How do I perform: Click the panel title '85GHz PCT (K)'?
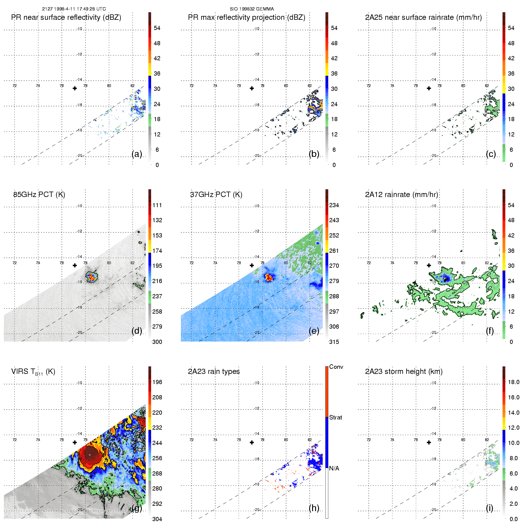(x=39, y=195)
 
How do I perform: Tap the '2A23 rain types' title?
(x=214, y=371)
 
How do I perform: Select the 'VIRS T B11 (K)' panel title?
(x=33, y=372)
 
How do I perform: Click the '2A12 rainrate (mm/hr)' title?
(x=401, y=195)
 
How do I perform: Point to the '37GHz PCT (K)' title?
(x=216, y=195)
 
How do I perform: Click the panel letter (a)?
(x=137, y=154)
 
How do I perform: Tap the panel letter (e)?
(x=314, y=331)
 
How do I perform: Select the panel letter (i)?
(x=489, y=508)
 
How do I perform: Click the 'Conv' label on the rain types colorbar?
(x=336, y=367)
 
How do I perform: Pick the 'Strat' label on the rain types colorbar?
(x=336, y=417)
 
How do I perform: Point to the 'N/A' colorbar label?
(x=334, y=468)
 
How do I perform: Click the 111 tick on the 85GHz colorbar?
(x=157, y=205)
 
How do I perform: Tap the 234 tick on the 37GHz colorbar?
(x=334, y=205)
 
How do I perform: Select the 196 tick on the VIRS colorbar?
(x=157, y=382)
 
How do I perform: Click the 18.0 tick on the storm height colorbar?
(x=513, y=382)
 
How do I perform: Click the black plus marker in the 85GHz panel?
(x=75, y=265)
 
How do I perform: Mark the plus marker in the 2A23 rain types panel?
(x=252, y=442)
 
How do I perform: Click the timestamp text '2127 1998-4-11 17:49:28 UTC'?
(x=74, y=9)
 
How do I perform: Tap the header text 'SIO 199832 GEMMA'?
(x=252, y=9)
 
